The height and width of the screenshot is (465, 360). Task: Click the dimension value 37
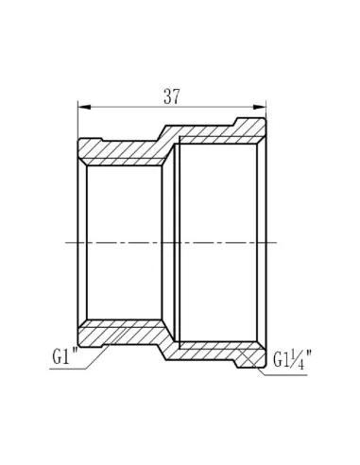point(171,95)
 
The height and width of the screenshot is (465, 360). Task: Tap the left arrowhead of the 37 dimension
point(80,107)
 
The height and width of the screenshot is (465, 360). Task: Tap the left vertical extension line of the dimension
point(76,123)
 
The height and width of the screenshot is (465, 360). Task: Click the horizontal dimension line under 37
point(171,107)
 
